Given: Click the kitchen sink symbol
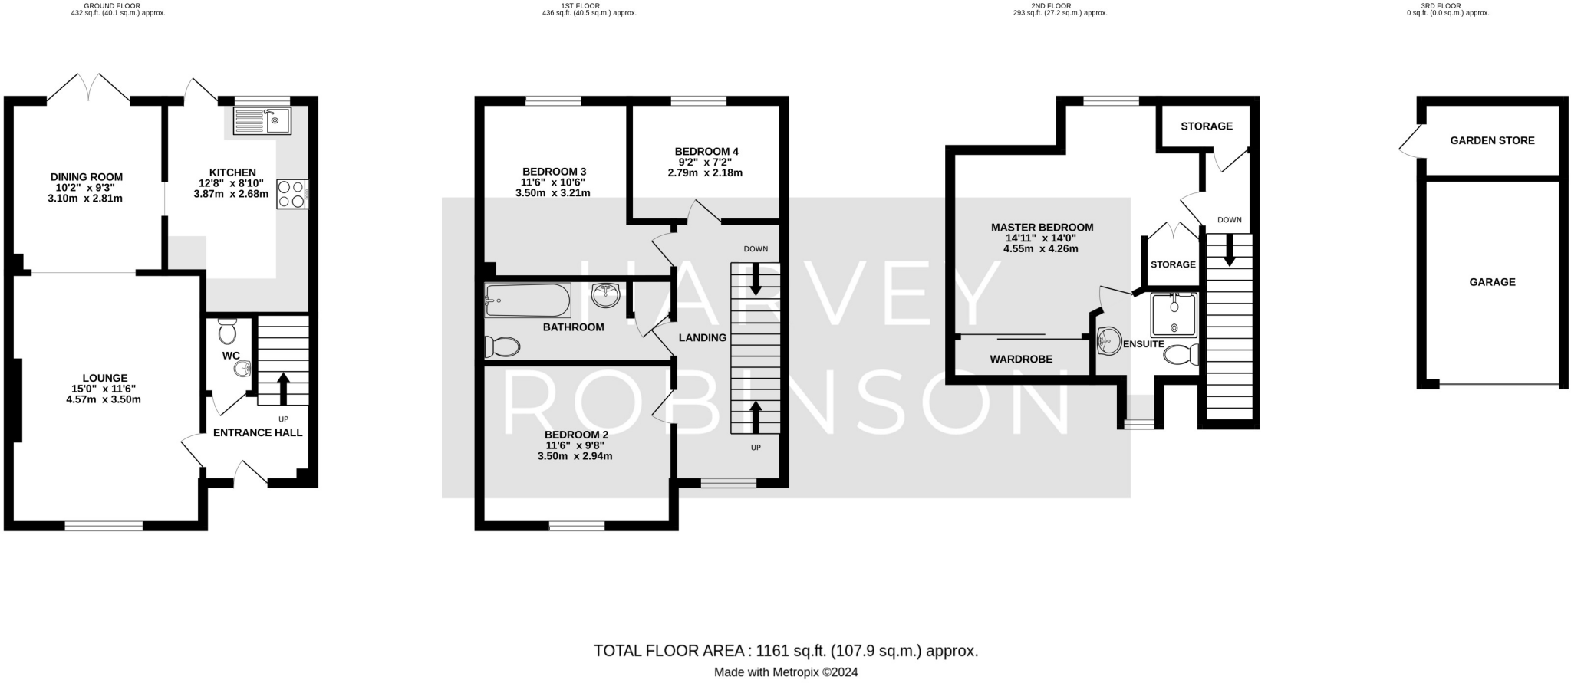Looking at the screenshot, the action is point(262,121).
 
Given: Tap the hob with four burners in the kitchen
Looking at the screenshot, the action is point(292,193).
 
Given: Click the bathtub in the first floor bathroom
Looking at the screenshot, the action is point(528,300).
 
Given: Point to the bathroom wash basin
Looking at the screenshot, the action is point(606,295).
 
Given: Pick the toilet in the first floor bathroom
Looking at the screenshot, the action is point(502,347).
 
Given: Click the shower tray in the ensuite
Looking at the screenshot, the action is point(1174,315).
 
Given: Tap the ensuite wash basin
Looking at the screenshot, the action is point(1108,340).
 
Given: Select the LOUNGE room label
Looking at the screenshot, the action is point(104,378).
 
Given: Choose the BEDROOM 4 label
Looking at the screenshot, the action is point(706,152).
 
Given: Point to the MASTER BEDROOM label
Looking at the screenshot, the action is point(1042,228).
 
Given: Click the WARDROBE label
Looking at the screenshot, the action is point(1021,359).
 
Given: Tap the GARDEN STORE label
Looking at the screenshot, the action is point(1492,140).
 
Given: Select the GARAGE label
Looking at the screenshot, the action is point(1492,282).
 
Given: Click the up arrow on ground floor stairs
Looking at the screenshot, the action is point(282,389).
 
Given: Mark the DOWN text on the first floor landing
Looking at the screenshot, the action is point(756,249).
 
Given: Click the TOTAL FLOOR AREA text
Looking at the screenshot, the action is point(670,652).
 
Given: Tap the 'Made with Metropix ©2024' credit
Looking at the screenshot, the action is point(786,672).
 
